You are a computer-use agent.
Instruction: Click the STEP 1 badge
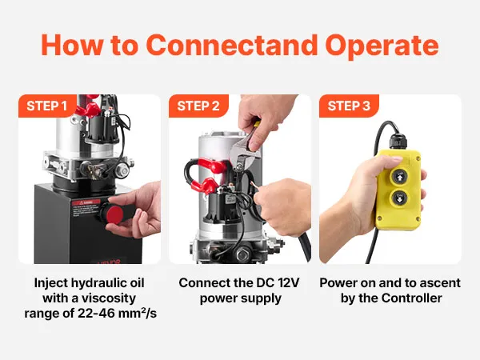[x=47, y=106]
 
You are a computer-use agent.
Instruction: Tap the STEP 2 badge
[x=198, y=106]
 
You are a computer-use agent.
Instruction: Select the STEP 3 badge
[x=349, y=106]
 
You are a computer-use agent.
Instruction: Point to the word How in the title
[x=72, y=45]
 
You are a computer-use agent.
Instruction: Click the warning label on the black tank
[x=86, y=209]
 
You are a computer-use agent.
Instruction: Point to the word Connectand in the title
[x=232, y=45]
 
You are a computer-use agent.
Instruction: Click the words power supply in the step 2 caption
[x=240, y=298]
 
